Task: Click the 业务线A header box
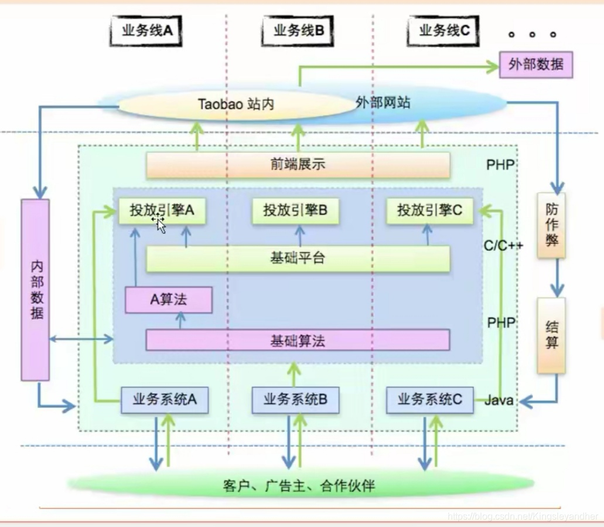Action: point(146,31)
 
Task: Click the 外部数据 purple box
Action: point(535,65)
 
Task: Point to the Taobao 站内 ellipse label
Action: point(236,105)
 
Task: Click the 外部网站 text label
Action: point(383,103)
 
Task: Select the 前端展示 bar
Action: point(298,165)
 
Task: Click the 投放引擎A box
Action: point(162,210)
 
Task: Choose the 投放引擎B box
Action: point(295,210)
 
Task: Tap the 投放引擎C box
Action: point(429,210)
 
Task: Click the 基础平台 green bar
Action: point(298,259)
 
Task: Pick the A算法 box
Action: point(169,300)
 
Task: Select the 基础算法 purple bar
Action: point(298,340)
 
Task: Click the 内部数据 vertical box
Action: point(36,290)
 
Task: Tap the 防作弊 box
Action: point(551,225)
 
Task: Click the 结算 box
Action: point(551,335)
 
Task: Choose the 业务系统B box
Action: point(295,400)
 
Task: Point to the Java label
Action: point(499,401)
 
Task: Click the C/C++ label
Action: point(503,246)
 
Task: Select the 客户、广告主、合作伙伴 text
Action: point(299,485)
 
